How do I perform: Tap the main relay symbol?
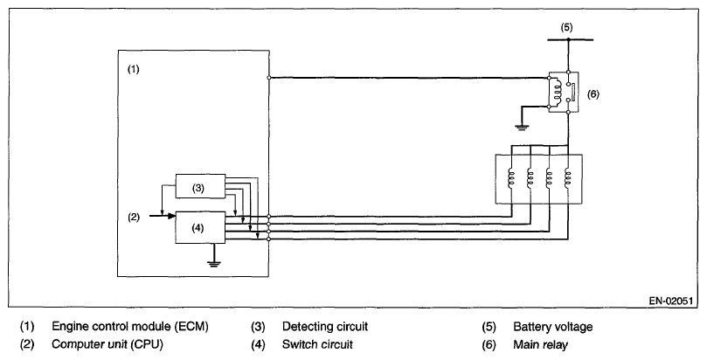click(561, 92)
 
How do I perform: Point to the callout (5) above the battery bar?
click(566, 27)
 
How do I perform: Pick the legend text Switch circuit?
click(317, 344)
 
